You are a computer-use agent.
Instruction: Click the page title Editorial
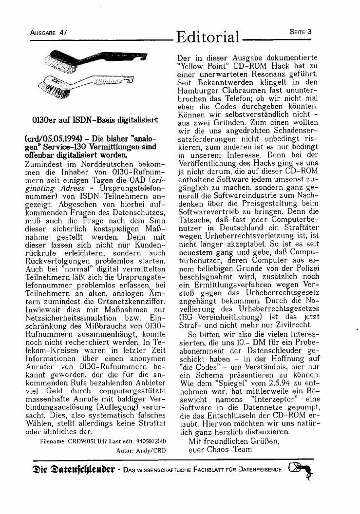point(208,37)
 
